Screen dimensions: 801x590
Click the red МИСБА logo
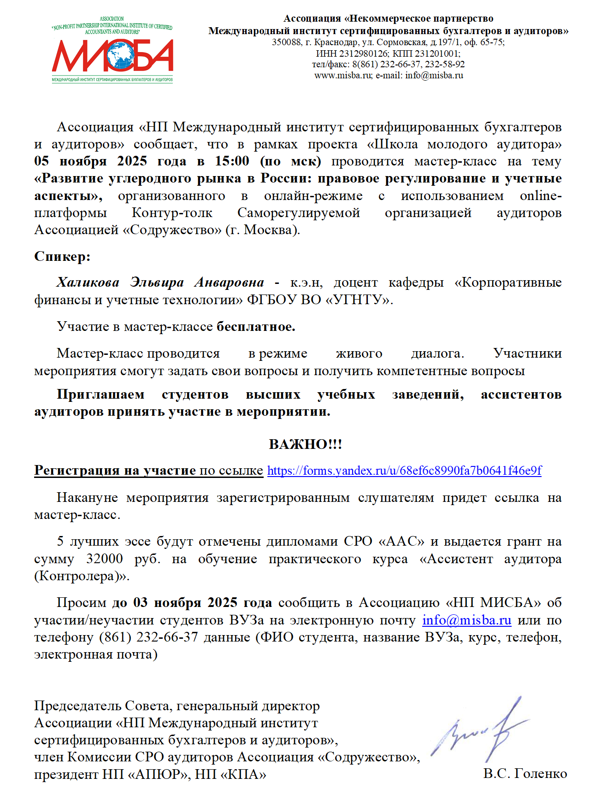[x=112, y=56]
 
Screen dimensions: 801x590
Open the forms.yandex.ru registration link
[x=404, y=471]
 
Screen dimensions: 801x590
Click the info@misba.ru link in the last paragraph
[x=466, y=620]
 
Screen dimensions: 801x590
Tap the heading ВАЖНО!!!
[x=305, y=444]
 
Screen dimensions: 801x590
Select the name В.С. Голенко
[x=525, y=774]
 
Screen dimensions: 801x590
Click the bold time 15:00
[x=232, y=161]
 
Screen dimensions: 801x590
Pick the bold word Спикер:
[x=62, y=256]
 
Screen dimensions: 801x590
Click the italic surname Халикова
[x=88, y=282]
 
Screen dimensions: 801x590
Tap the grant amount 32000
[x=105, y=559]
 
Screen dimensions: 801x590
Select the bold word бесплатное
[x=256, y=327]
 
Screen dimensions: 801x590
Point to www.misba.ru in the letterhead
[x=343, y=76]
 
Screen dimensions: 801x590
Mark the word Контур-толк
[x=172, y=213]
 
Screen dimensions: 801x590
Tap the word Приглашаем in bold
[x=100, y=395]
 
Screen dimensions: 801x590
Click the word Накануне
[x=87, y=498]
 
